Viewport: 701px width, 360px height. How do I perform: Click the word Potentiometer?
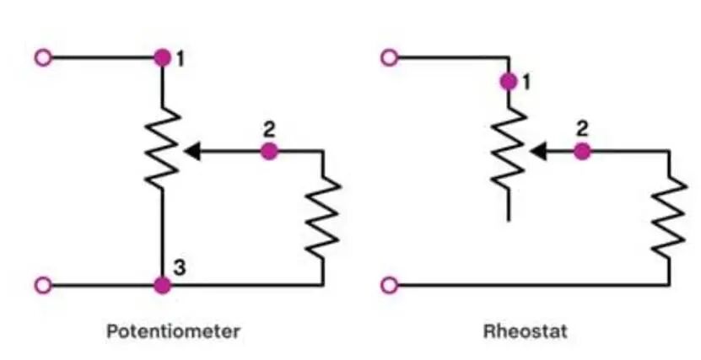173,332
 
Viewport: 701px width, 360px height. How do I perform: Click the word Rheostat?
526,332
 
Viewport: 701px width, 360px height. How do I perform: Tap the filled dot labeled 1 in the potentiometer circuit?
162,57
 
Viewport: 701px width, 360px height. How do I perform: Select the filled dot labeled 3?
162,285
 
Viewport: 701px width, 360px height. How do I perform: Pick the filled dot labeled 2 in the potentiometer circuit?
269,152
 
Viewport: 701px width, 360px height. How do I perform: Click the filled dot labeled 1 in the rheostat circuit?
509,82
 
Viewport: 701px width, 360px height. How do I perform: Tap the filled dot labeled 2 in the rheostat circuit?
581,152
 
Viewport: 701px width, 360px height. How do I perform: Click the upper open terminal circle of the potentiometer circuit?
43,57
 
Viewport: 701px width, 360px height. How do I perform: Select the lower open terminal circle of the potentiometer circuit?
43,285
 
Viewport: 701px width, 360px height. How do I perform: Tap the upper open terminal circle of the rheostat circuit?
390,57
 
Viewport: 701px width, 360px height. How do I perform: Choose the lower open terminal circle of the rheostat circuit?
390,285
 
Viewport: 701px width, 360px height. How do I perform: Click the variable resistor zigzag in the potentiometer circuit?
162,148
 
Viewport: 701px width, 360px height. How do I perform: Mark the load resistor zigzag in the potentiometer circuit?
323,218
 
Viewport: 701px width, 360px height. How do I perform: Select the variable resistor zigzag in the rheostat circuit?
509,148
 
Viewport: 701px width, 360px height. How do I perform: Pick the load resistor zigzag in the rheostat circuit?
669,218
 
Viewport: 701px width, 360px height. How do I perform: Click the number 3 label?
180,268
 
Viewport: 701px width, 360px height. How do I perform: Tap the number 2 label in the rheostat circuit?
581,129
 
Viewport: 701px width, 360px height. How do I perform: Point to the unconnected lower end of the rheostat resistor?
509,220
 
